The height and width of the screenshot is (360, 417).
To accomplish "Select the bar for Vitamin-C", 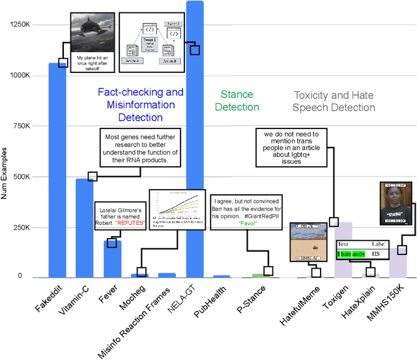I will (x=85, y=228).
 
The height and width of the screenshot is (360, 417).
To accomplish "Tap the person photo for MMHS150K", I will (x=397, y=204).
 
